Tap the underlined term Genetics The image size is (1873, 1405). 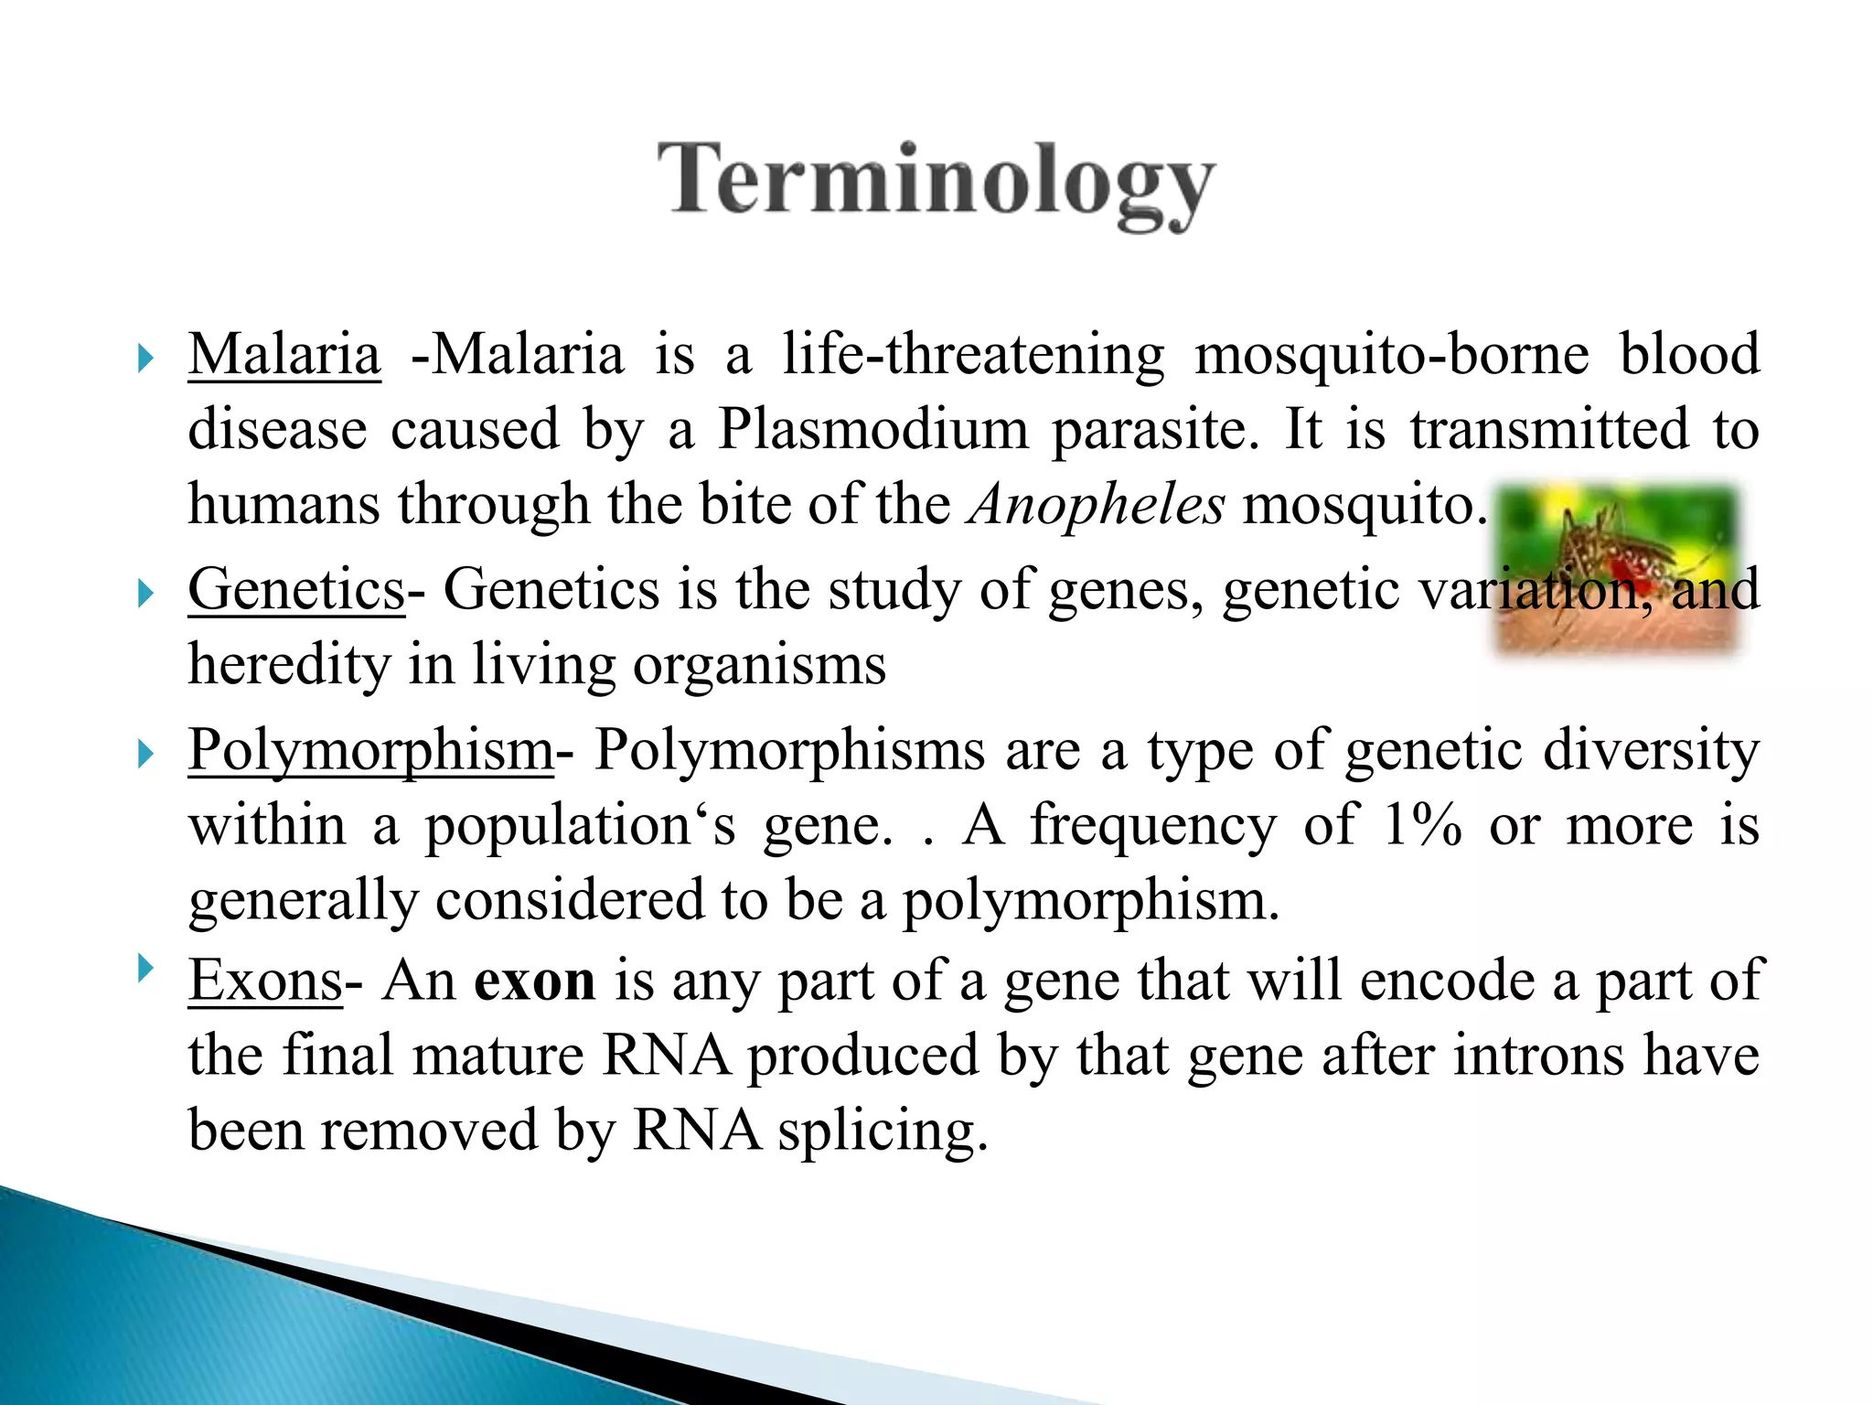point(296,589)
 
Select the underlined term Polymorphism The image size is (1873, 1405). point(370,751)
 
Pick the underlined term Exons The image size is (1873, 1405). point(265,981)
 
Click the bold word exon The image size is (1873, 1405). point(535,981)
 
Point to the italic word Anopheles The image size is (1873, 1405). point(1097,505)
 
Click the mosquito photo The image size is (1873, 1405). point(1617,569)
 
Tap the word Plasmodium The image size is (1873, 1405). point(872,429)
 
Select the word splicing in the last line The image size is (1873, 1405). point(883,1132)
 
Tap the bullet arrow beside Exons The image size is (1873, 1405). point(144,968)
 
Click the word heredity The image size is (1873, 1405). point(289,665)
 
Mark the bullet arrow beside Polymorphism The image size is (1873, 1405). point(144,755)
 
